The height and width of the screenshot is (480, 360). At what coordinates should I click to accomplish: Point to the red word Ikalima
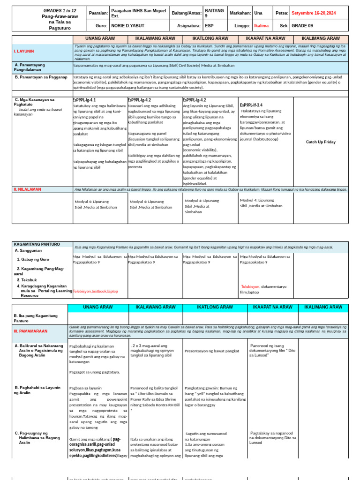pyautogui.click(x=262, y=26)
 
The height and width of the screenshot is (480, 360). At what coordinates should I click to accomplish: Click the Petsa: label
pyautogui.click(x=282, y=13)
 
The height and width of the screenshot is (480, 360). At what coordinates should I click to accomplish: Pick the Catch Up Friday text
pyautogui.click(x=321, y=142)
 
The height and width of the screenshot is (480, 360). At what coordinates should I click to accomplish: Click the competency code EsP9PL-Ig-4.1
pyautogui.click(x=84, y=100)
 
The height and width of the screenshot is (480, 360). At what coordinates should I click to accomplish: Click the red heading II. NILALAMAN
pyautogui.click(x=27, y=189)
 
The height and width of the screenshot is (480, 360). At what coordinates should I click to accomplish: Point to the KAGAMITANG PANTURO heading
pyautogui.click(x=37, y=244)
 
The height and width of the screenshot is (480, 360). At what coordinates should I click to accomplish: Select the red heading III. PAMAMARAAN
pyautogui.click(x=30, y=331)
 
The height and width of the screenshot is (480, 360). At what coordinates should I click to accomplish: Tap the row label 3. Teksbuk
pyautogui.click(x=27, y=279)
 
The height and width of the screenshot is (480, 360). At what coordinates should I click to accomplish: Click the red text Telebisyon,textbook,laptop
pyautogui.click(x=96, y=291)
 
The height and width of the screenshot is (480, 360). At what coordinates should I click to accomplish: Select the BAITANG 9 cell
pyautogui.click(x=214, y=13)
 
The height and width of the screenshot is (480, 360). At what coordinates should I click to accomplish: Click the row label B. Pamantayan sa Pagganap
pyautogui.click(x=41, y=77)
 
